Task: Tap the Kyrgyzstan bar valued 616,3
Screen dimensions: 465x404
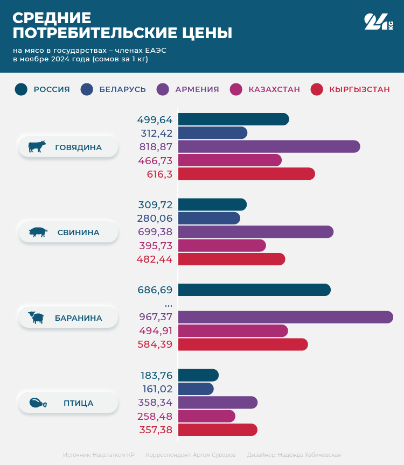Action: click(x=246, y=174)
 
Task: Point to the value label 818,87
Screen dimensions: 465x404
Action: click(x=156, y=146)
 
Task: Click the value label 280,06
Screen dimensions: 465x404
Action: click(x=156, y=218)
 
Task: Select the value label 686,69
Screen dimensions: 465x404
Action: click(x=155, y=290)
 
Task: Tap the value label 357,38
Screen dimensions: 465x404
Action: click(x=156, y=429)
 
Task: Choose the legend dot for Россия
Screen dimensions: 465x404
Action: click(x=21, y=89)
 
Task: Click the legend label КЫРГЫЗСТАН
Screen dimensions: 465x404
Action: click(x=359, y=89)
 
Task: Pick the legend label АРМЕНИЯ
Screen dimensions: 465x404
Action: click(x=197, y=89)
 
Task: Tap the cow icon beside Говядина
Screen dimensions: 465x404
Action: click(x=37, y=146)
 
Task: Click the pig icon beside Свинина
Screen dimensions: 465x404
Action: click(x=38, y=232)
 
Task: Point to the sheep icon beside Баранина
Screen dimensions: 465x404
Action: click(x=37, y=318)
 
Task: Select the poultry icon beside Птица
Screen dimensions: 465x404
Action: click(x=38, y=403)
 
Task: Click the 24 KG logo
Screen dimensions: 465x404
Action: click(x=379, y=22)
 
